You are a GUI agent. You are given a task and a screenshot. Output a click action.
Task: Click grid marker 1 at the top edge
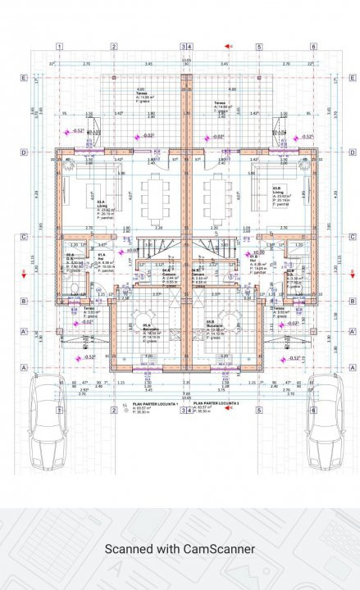click(60, 47)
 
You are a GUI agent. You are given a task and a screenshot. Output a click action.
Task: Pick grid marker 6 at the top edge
click(313, 47)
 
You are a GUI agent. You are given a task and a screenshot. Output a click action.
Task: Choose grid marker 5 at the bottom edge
click(258, 410)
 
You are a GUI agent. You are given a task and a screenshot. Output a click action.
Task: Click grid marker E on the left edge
click(25, 79)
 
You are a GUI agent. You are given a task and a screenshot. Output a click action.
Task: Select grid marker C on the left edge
click(25, 238)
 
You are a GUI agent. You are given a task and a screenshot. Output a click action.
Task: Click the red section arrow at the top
click(231, 47)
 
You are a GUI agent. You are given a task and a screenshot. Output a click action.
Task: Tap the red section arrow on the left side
click(25, 275)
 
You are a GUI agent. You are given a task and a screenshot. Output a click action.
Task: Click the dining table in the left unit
click(155, 197)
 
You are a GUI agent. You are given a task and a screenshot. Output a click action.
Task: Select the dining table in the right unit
click(217, 197)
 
